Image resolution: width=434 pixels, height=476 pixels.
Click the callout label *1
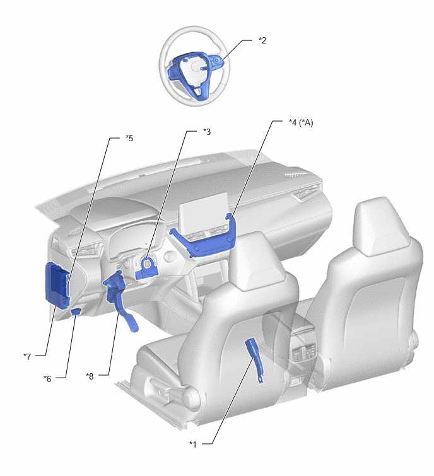(193, 444)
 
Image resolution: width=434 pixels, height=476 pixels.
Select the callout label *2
(262, 40)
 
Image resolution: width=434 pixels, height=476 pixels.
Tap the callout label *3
(207, 132)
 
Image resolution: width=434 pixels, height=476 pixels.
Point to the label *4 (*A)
(301, 123)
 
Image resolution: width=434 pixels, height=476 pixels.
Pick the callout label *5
(129, 138)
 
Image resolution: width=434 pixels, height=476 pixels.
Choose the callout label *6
(47, 378)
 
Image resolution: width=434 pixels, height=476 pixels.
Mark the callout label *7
(27, 356)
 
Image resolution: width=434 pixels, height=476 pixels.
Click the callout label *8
(90, 376)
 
